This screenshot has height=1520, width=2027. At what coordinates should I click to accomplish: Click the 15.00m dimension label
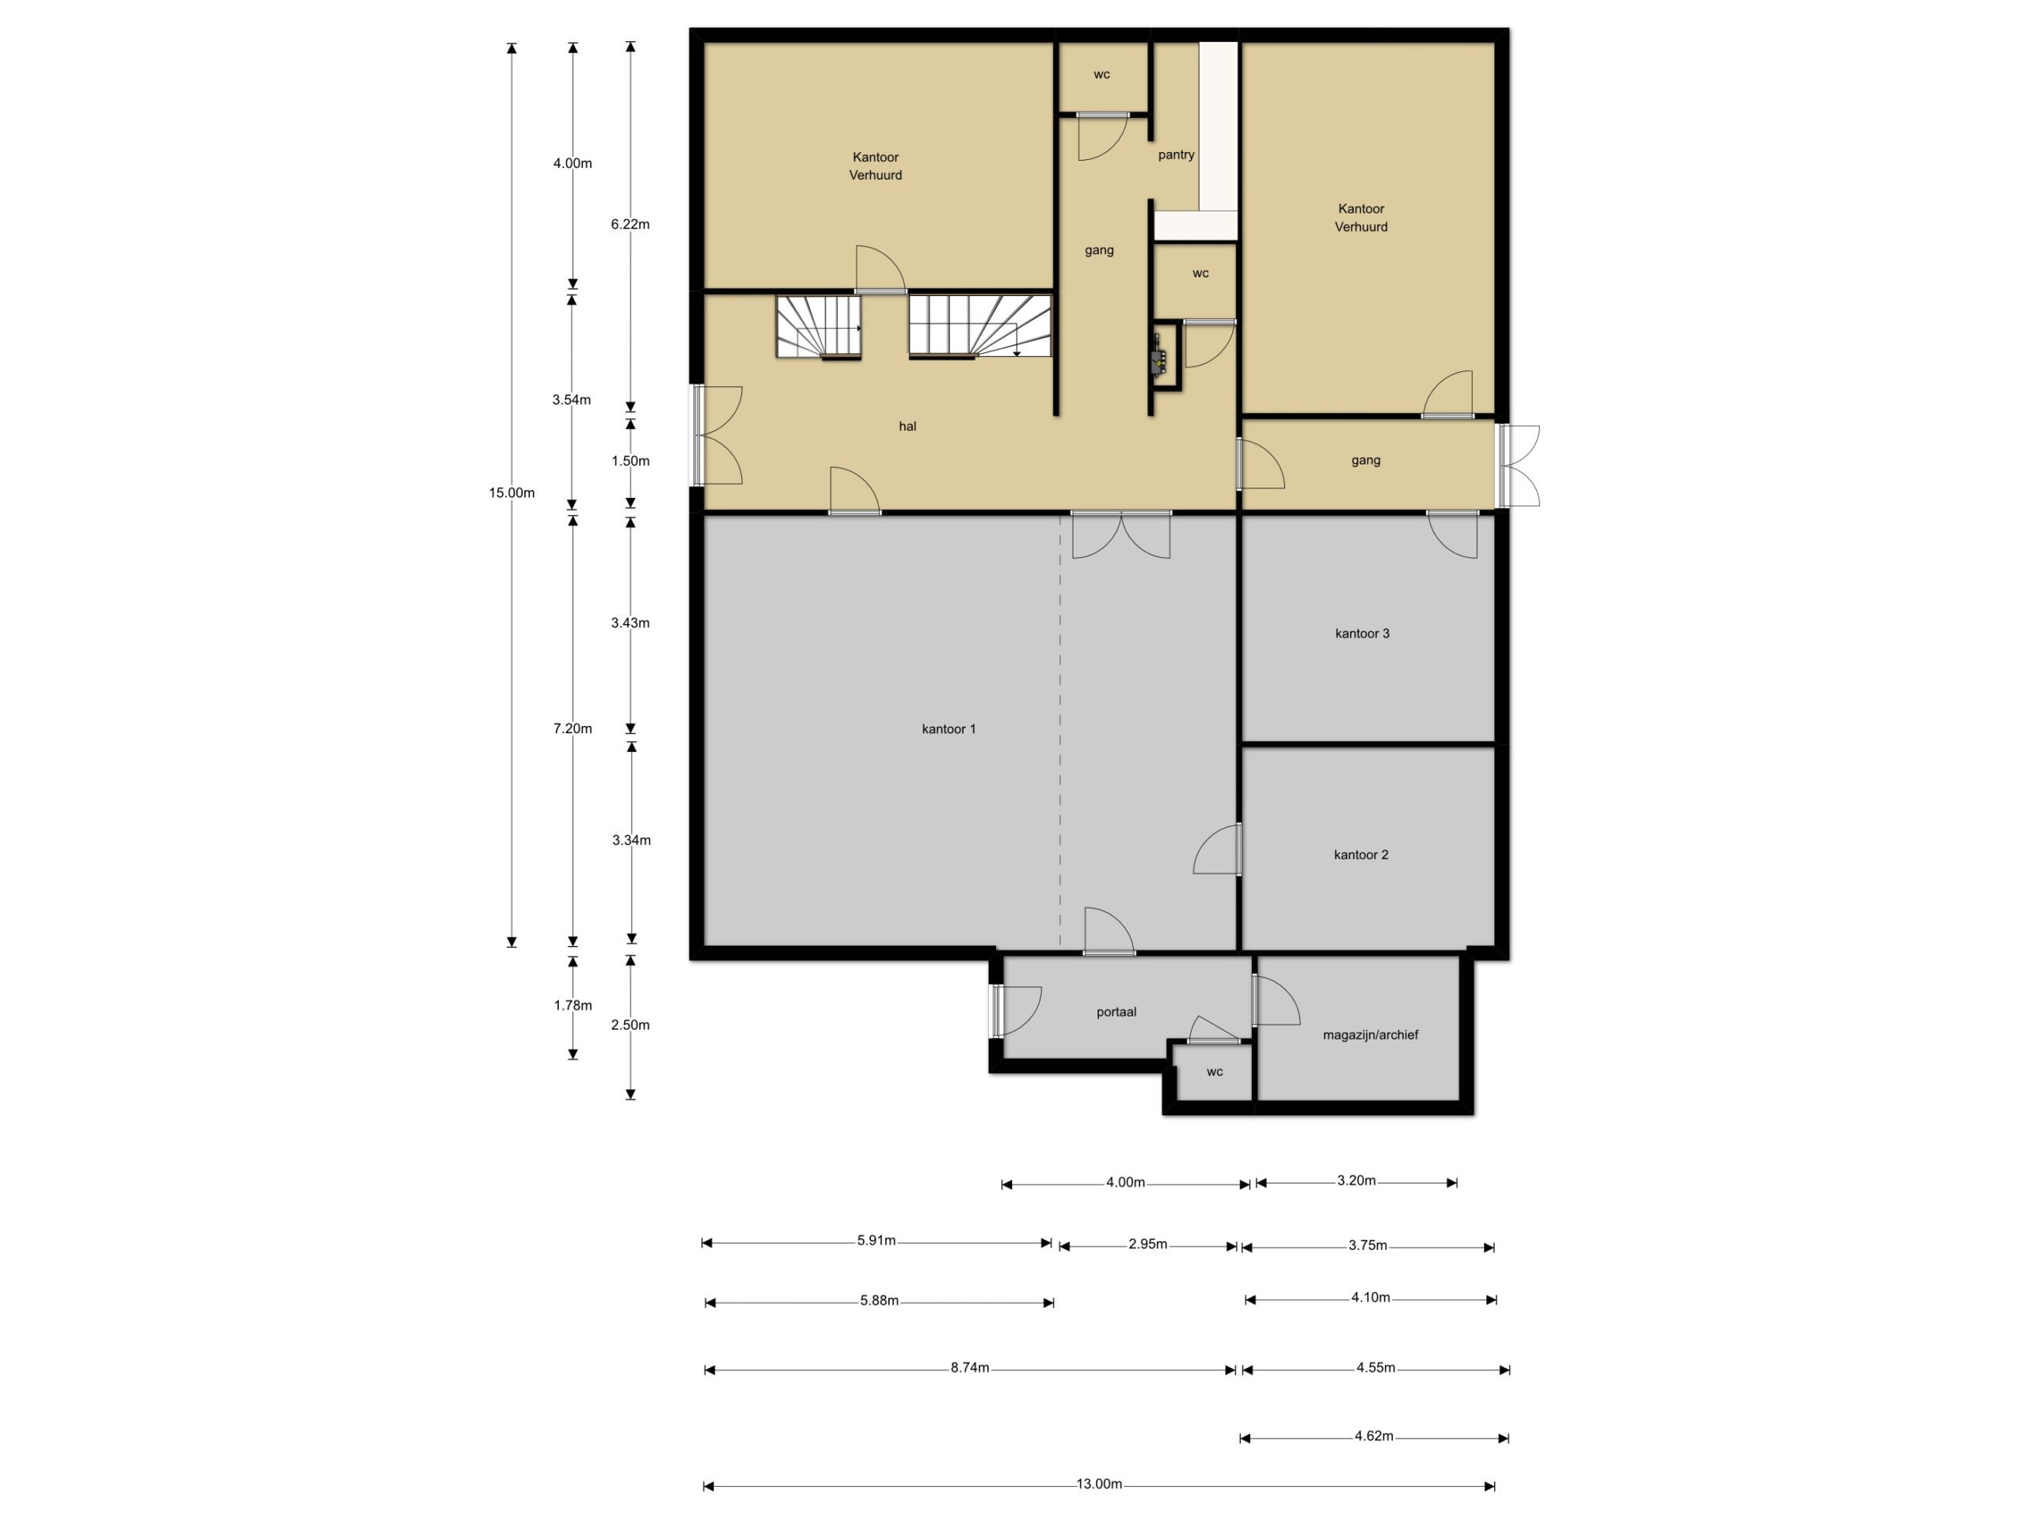(512, 493)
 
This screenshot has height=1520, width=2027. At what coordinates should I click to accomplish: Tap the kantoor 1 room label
(949, 729)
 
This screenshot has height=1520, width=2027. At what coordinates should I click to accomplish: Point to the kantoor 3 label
(1362, 633)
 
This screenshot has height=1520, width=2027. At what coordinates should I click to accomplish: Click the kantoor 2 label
(1361, 855)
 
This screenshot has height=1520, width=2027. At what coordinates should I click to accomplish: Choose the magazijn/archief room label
(1370, 1035)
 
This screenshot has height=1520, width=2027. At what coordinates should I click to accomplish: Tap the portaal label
(1116, 1013)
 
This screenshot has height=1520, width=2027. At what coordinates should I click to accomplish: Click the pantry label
(1176, 155)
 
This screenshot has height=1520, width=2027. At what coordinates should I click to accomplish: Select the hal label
(907, 426)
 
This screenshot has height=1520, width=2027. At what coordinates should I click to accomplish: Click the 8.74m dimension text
(969, 1368)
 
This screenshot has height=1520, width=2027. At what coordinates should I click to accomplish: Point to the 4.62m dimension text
(1374, 1436)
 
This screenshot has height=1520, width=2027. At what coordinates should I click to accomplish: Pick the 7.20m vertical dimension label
(572, 729)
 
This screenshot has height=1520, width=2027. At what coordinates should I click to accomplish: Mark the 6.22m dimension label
(630, 225)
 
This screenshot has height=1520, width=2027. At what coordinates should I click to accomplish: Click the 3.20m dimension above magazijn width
(1356, 1181)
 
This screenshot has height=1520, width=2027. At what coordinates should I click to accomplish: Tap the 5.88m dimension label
(879, 1301)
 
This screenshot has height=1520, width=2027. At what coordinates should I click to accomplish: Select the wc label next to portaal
(1214, 1072)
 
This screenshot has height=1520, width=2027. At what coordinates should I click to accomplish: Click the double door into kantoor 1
(1120, 534)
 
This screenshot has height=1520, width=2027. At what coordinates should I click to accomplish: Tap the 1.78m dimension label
(572, 1005)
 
